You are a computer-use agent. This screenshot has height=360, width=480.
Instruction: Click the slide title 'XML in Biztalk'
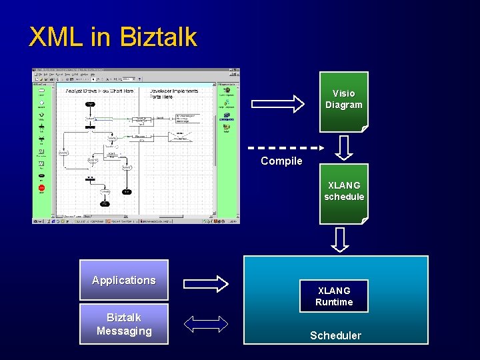[x=113, y=37]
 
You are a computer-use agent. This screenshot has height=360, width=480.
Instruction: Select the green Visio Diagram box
[x=343, y=99]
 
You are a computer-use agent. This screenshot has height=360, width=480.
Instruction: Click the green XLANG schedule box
[x=343, y=192]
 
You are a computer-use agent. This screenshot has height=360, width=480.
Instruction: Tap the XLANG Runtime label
[x=334, y=297]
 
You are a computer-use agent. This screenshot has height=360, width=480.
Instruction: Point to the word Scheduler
[x=335, y=335]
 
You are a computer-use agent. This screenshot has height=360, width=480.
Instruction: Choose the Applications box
[x=123, y=281]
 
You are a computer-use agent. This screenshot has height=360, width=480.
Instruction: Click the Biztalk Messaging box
[x=123, y=324]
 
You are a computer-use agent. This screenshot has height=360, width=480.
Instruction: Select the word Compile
[x=281, y=161]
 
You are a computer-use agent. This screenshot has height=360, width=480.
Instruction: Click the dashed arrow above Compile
[x=285, y=147]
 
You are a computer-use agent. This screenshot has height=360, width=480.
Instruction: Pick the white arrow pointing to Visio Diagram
[x=277, y=103]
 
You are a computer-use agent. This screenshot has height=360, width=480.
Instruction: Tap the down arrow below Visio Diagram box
[x=343, y=147]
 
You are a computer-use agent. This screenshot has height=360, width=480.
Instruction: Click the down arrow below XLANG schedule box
[x=340, y=239]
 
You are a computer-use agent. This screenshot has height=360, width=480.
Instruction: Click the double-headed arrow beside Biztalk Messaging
[x=205, y=324]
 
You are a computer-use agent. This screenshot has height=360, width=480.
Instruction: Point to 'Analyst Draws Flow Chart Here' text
[x=99, y=91]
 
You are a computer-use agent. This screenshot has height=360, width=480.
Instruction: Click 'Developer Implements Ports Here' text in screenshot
[x=174, y=93]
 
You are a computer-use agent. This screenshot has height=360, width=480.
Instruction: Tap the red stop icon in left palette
[x=41, y=188]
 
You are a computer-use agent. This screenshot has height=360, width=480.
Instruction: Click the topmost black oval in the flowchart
[x=90, y=104]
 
